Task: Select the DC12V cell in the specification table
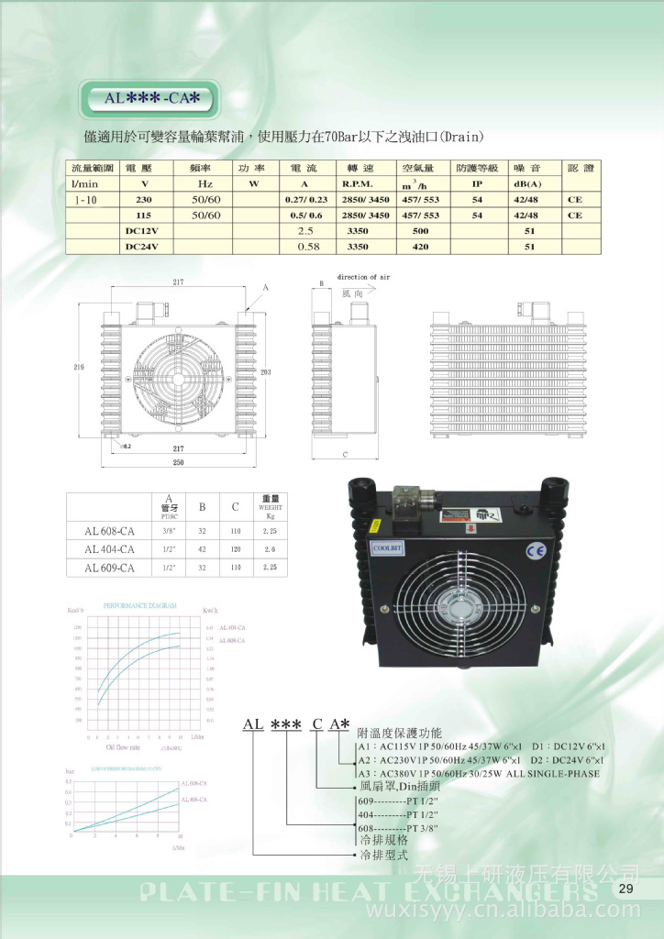[x=142, y=230]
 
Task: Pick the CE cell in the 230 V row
[x=575, y=199]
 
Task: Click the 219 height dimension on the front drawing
[x=80, y=367]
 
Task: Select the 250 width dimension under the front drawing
[x=178, y=463]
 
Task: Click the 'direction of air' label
[x=364, y=276]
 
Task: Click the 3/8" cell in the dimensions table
[x=169, y=530]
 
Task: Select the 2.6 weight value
[x=269, y=548]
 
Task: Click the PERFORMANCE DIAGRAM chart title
[x=139, y=607]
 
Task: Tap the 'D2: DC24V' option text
[x=567, y=760]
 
